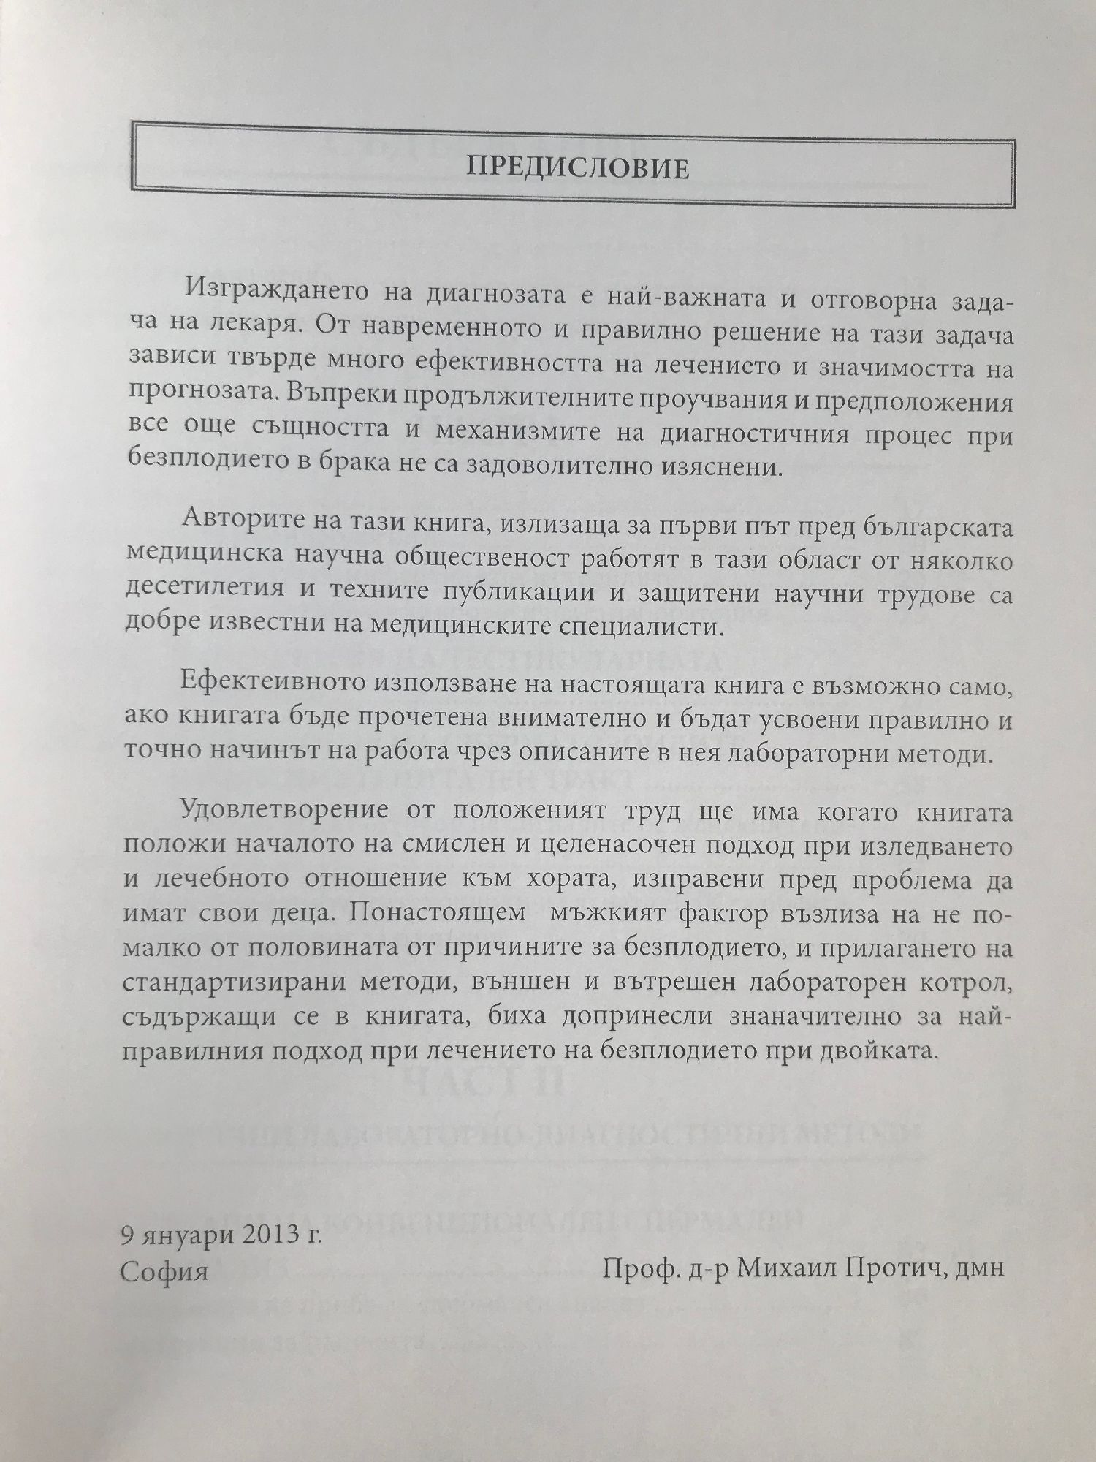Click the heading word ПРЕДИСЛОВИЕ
[x=577, y=169]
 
